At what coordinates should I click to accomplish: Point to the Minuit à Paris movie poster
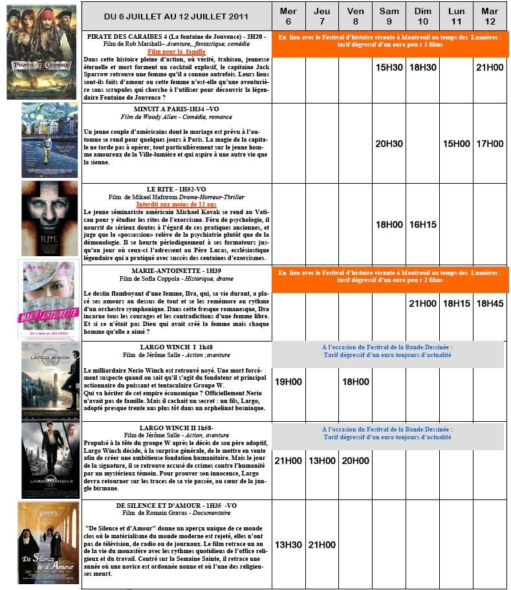pos(49,140)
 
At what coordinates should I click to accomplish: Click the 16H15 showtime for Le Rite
pos(422,224)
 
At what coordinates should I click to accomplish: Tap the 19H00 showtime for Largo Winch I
pos(288,382)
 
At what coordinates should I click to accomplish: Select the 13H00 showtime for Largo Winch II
pos(321,461)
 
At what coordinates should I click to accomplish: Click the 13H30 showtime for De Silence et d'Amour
pos(288,545)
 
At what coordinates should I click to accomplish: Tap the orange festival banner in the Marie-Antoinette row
pos(390,277)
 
